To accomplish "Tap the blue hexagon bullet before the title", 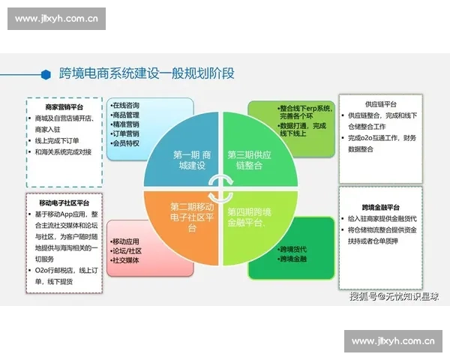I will coord(46,73).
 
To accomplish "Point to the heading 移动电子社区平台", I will coord(63,202).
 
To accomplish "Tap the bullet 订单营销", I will coord(127,133).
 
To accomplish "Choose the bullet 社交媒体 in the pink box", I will coord(125,261).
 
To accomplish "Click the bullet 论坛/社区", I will coord(127,251).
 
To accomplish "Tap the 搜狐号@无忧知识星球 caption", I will coord(394,296).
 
